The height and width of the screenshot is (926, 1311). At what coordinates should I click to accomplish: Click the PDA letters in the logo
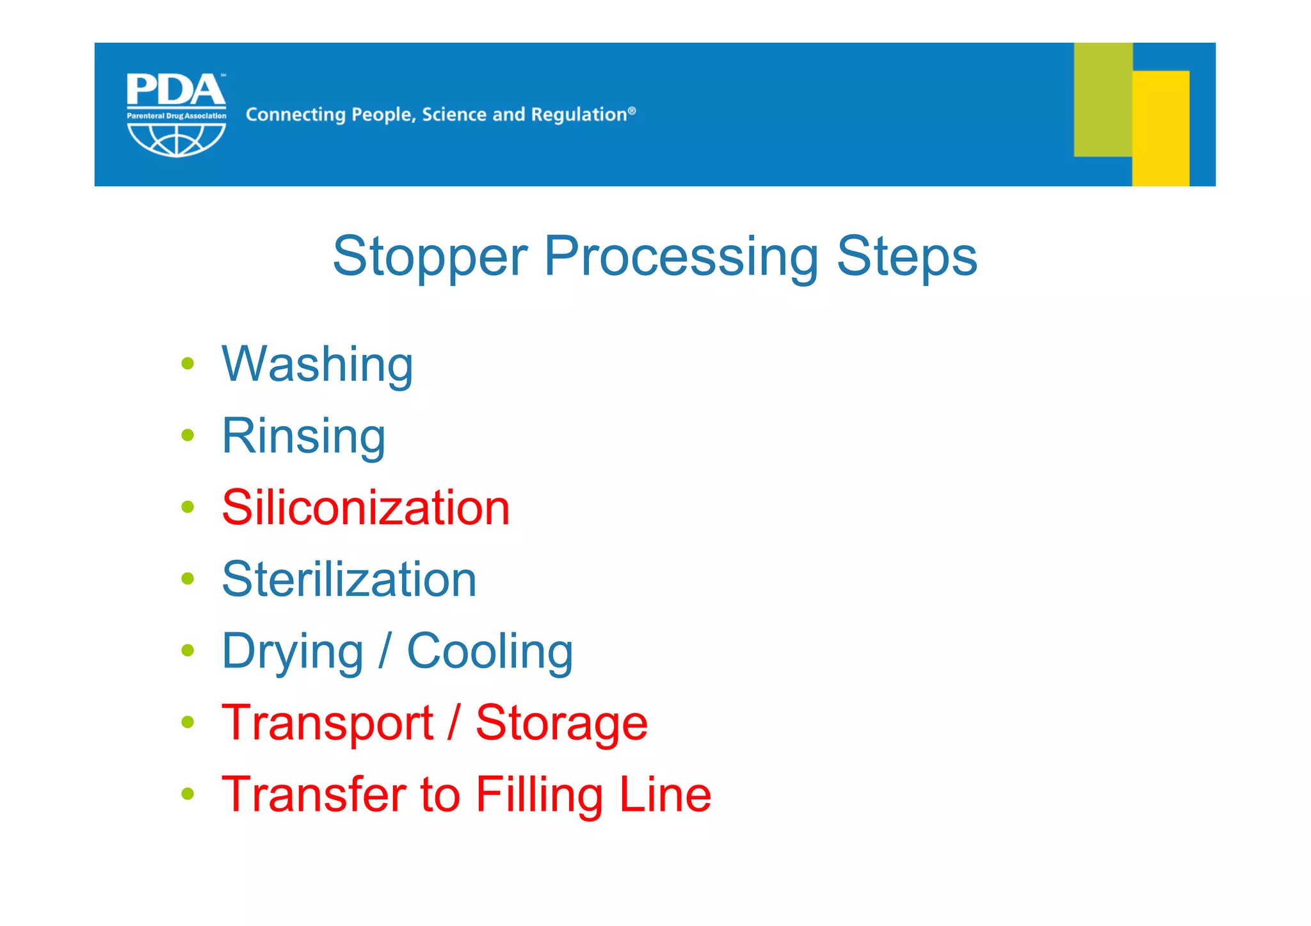coord(176,90)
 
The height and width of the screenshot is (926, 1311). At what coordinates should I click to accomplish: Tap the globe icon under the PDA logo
coord(176,140)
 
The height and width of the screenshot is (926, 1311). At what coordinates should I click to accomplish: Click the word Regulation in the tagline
coord(578,115)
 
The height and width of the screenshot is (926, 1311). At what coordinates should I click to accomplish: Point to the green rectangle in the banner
coord(1102,99)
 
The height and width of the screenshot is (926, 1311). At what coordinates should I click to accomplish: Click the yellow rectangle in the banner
coord(1161,128)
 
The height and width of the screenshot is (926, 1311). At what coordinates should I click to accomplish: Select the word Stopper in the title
coord(430,257)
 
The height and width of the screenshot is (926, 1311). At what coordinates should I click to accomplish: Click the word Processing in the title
coord(681,257)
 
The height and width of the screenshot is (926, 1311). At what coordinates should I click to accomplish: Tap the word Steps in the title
coord(907,257)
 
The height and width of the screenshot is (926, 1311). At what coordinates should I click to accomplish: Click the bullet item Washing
coord(317,365)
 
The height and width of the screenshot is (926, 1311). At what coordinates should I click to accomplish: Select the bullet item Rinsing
coord(303,436)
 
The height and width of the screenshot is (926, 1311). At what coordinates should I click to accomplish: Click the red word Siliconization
coord(366,508)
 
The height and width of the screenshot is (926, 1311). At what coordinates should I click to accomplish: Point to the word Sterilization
coord(349,580)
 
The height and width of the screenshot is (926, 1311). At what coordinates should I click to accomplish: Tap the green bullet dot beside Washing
coord(188,364)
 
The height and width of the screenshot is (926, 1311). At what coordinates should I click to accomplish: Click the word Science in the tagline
coord(454,115)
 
